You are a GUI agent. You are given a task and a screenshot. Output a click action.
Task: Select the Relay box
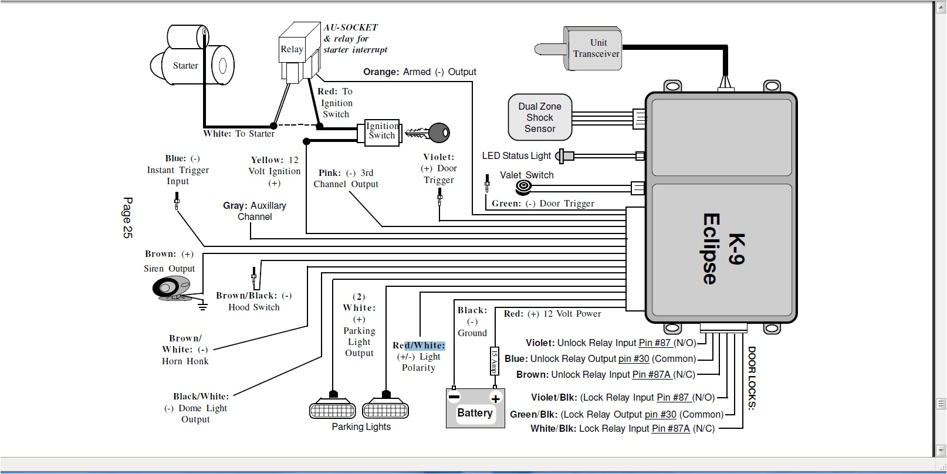[292, 49]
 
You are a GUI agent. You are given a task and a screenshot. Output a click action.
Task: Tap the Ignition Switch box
[381, 131]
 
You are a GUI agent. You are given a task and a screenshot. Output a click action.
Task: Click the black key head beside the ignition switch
[439, 133]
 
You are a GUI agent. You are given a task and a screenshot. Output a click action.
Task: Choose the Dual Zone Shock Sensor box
[539, 117]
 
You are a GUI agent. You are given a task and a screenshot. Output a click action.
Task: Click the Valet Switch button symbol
[523, 188]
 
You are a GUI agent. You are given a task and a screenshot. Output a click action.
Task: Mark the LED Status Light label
[516, 155]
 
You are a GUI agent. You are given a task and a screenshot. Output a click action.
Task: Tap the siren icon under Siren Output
[171, 287]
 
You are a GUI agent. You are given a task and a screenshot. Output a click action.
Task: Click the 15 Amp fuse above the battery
[494, 361]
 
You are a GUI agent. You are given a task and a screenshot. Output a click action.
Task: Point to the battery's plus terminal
[495, 398]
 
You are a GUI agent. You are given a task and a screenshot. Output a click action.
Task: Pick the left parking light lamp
[333, 409]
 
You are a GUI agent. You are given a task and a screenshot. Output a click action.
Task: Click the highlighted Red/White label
[419, 346]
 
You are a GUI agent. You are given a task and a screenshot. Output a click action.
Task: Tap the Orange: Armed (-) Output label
[420, 72]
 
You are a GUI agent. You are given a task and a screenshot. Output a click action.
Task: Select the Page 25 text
[127, 218]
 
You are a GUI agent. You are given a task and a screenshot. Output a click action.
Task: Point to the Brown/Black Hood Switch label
[253, 301]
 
